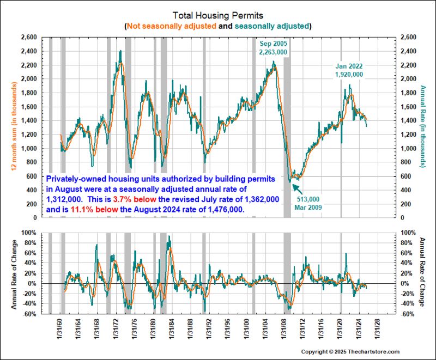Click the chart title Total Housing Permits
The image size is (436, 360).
pos(218,15)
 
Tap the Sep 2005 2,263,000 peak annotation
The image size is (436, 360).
pos(272,47)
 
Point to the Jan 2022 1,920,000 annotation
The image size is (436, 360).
pos(349,70)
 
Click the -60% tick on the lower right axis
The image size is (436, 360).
pos(405,314)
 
